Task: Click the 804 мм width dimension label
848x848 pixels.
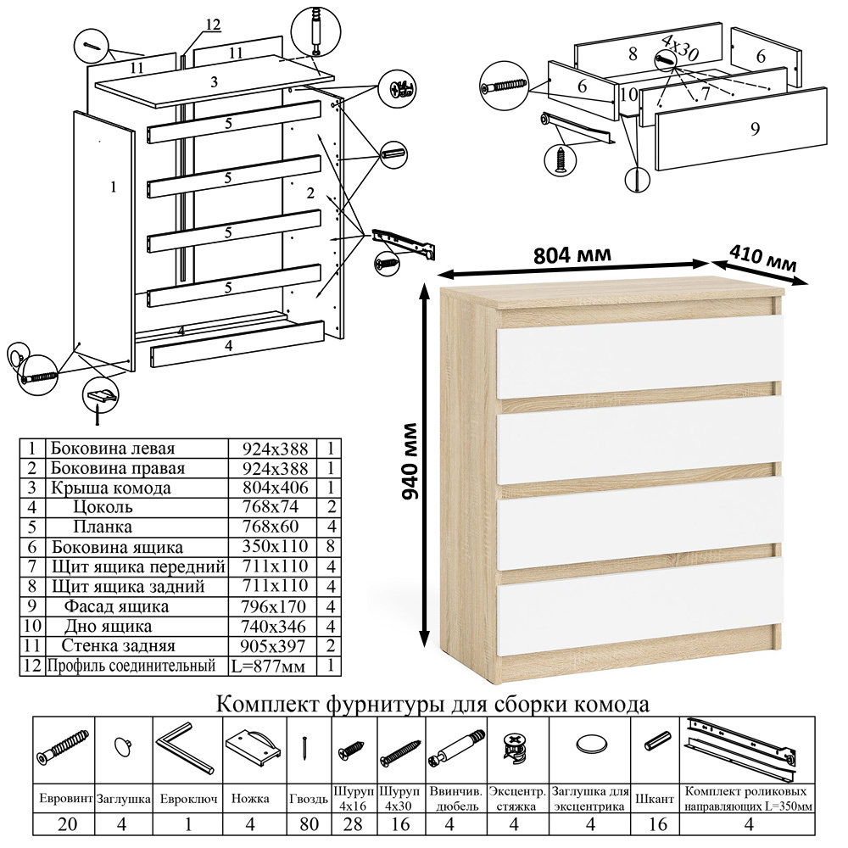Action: tap(572, 254)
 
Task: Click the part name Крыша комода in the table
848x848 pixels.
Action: tap(110, 488)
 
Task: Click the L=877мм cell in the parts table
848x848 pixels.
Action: tap(268, 667)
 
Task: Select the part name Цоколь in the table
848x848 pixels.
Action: tap(103, 508)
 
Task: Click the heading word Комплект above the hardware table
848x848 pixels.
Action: tap(262, 705)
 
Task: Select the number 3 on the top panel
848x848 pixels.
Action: tap(215, 82)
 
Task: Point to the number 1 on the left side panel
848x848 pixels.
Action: tap(113, 187)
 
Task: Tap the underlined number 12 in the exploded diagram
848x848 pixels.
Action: tap(212, 25)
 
